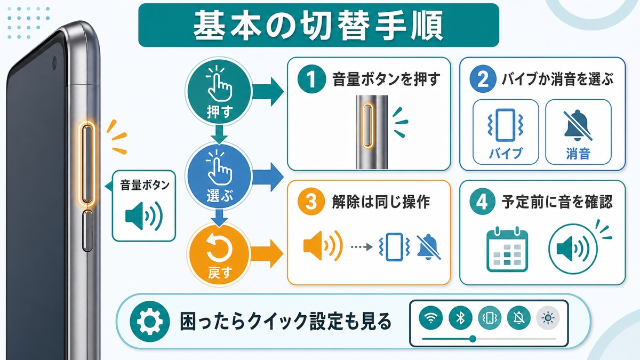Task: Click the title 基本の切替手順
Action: pyautogui.click(x=318, y=26)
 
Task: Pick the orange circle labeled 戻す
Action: pyautogui.click(x=219, y=254)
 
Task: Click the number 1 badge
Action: pyautogui.click(x=311, y=79)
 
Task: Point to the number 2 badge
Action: pyautogui.click(x=483, y=79)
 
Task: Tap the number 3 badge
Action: pyautogui.click(x=311, y=202)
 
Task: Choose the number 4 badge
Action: pyautogui.click(x=483, y=202)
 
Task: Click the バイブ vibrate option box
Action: pyautogui.click(x=506, y=132)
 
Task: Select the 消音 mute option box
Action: pyautogui.click(x=578, y=132)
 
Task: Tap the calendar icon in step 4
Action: pyautogui.click(x=507, y=249)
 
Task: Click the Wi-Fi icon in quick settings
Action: pyautogui.click(x=431, y=317)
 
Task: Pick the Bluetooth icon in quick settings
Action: pyautogui.click(x=460, y=317)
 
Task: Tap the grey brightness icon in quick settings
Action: pyautogui.click(x=548, y=318)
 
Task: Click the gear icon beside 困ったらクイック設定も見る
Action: pyautogui.click(x=150, y=322)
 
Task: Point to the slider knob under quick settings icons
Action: pyautogui.click(x=473, y=339)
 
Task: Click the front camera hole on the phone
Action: pyautogui.click(x=54, y=63)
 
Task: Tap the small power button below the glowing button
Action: pyautogui.click(x=87, y=230)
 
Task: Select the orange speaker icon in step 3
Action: pyautogui.click(x=323, y=246)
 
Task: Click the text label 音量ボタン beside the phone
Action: pyautogui.click(x=145, y=186)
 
